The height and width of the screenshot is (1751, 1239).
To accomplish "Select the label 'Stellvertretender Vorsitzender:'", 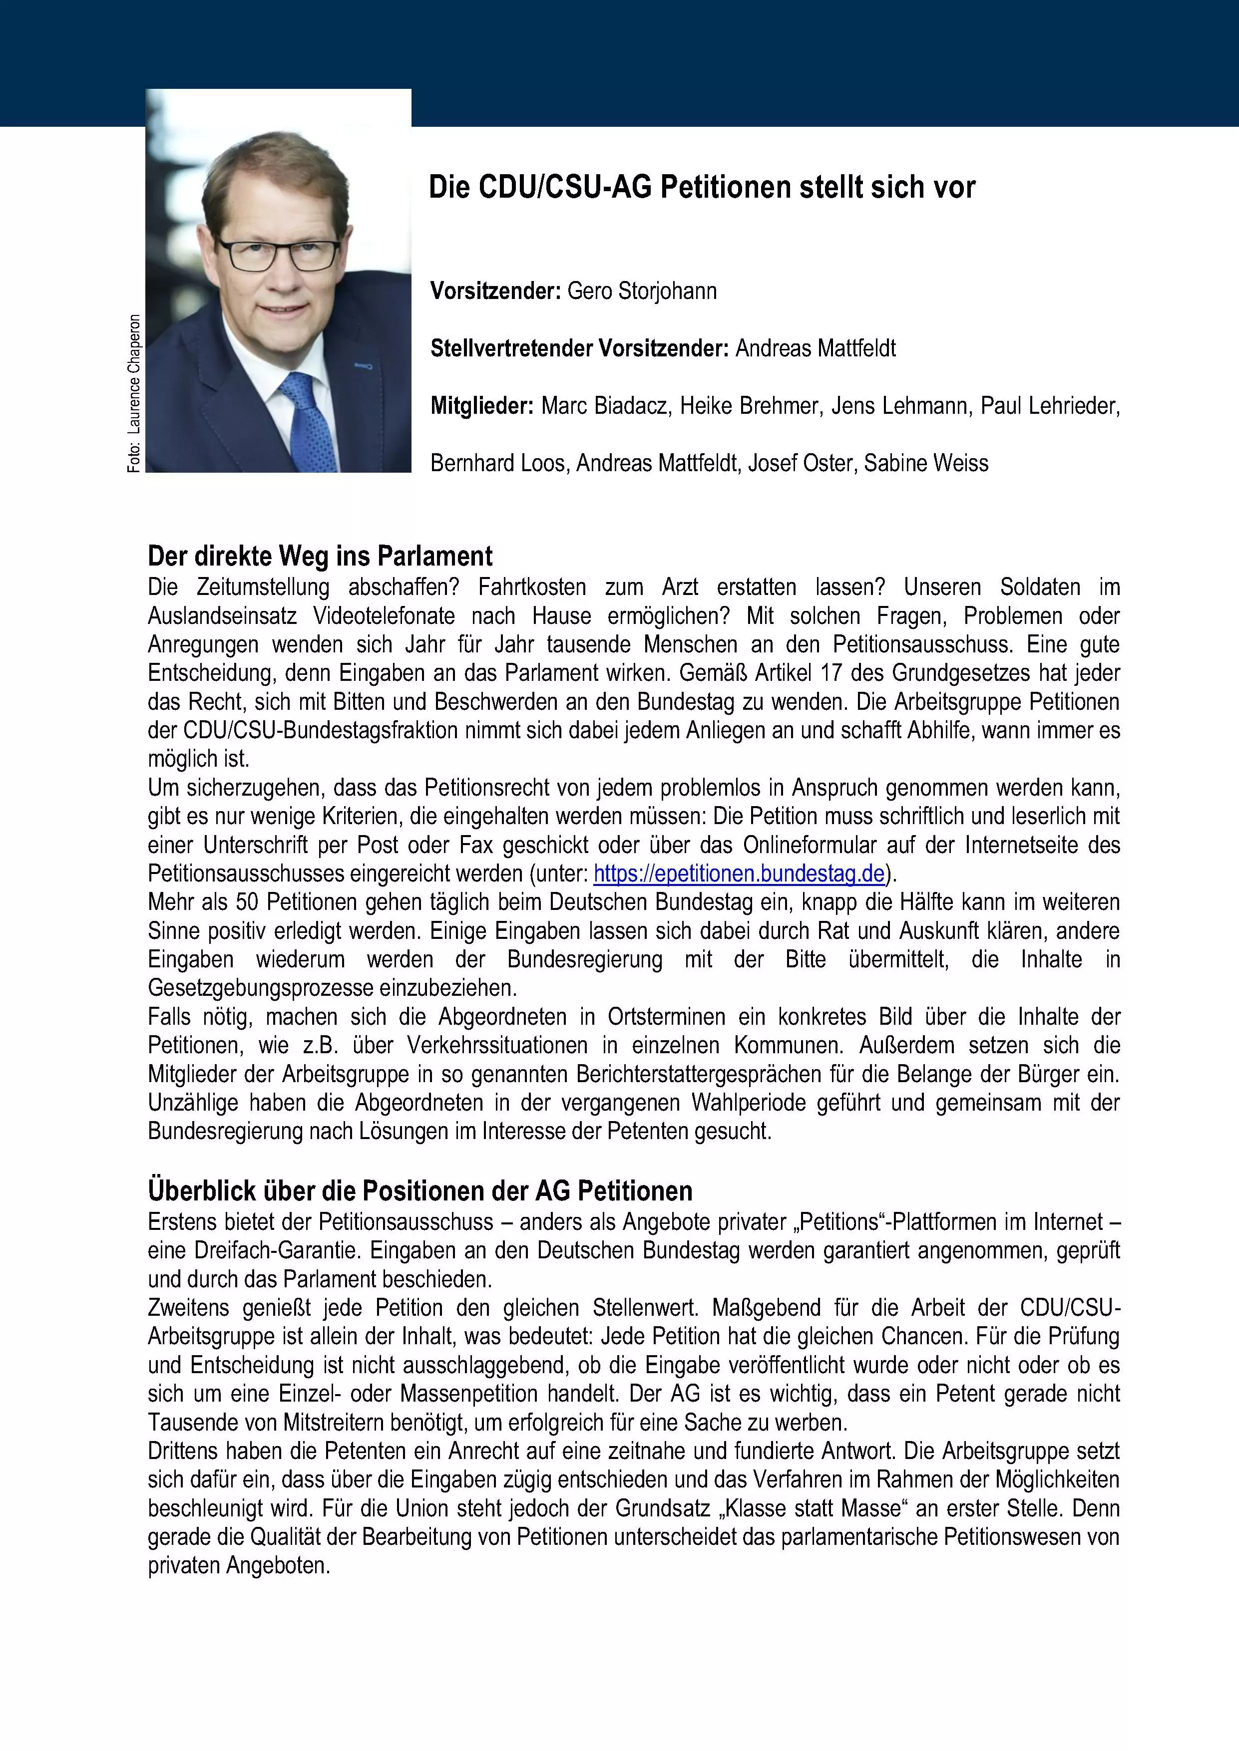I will pos(580,348).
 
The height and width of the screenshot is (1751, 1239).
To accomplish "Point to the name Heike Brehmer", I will pos(749,406).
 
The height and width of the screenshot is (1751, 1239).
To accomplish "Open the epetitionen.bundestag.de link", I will pos(739,873).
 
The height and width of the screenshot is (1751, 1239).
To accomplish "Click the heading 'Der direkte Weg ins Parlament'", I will pos(321,556).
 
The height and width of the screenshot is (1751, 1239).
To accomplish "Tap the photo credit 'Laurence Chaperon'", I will pos(134,374).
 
